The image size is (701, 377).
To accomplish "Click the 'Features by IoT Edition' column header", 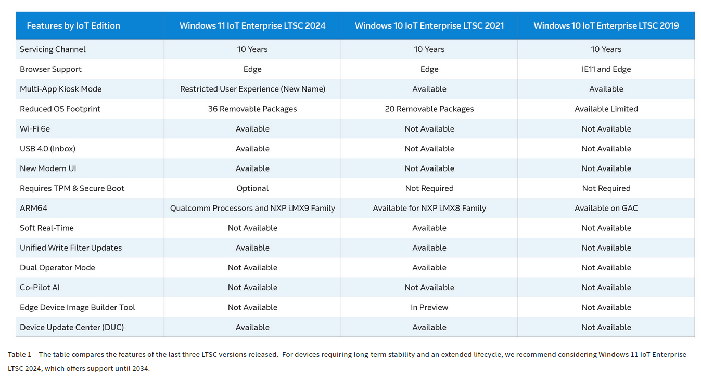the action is click(73, 25).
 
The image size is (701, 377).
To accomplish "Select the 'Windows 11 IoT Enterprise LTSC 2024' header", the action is click(252, 25).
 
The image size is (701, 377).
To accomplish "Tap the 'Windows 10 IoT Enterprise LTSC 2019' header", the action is click(606, 25).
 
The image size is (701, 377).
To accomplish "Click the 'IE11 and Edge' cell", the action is click(606, 69).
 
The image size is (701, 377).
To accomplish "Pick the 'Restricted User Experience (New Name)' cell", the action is click(252, 89).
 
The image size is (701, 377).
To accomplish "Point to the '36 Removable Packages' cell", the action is click(252, 109).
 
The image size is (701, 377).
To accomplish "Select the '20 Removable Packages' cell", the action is click(429, 109).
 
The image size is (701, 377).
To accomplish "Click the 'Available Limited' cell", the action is click(606, 109).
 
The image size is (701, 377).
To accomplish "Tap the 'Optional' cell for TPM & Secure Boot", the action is click(252, 188).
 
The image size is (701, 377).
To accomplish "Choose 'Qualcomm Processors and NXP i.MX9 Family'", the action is click(252, 208).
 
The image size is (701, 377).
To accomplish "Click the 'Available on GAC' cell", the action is click(606, 208).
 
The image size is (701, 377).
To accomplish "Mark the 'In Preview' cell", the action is click(429, 308).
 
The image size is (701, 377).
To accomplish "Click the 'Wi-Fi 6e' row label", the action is click(35, 129).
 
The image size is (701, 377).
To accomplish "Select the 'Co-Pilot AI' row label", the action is click(40, 288).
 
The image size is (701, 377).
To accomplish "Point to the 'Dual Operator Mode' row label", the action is click(57, 268).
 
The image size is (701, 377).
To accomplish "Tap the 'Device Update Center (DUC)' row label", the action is click(72, 327).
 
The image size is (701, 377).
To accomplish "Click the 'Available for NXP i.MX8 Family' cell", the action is click(429, 208).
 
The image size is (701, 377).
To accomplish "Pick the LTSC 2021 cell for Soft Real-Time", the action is click(429, 228).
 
